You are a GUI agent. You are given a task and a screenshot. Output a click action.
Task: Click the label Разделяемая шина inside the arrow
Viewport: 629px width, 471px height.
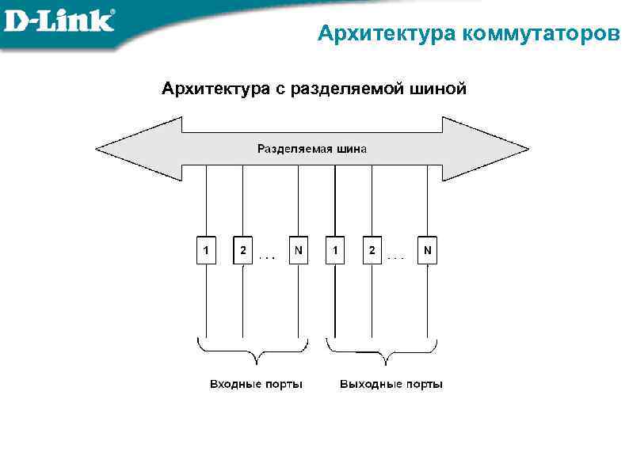point(312,148)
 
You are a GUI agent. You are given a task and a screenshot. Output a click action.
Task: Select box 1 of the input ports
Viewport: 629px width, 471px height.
point(206,251)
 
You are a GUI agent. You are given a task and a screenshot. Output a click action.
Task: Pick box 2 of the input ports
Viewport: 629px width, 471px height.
point(242,251)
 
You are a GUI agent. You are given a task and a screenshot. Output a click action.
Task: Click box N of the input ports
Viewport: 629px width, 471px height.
point(298,251)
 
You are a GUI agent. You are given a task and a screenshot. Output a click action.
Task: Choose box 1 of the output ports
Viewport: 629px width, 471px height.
point(335,251)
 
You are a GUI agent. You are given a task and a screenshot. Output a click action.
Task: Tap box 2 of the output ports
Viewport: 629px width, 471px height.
point(372,251)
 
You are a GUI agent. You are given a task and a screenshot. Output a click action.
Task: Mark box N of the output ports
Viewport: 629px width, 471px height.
point(427,251)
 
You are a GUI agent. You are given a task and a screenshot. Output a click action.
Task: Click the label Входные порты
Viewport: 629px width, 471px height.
point(256,384)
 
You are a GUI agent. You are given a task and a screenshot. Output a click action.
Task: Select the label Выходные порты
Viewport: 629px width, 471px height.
point(391,384)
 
